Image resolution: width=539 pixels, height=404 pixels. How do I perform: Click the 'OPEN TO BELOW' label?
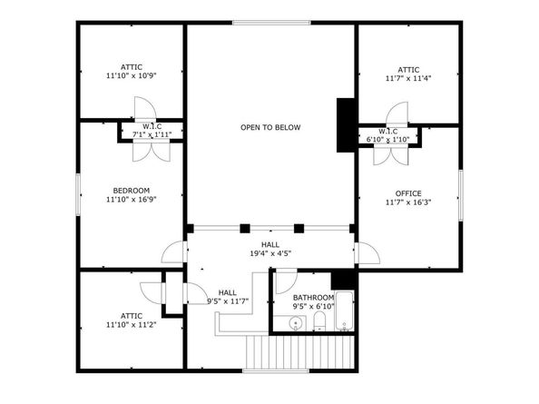[269, 127]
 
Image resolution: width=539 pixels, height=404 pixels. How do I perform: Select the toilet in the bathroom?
[316, 322]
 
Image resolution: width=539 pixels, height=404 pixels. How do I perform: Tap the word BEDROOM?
[131, 190]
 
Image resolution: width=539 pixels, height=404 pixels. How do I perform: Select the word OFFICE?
[408, 193]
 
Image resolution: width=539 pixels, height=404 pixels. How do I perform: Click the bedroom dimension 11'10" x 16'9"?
[131, 200]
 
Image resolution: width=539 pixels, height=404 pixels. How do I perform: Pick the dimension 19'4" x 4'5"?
[270, 254]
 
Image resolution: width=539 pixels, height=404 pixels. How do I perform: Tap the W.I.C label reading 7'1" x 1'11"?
[152, 134]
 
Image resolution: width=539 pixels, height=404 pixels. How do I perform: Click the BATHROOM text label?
[313, 298]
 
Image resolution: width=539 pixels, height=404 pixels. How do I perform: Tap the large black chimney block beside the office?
[346, 124]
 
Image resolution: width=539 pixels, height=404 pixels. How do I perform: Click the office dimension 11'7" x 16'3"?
[408, 203]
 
